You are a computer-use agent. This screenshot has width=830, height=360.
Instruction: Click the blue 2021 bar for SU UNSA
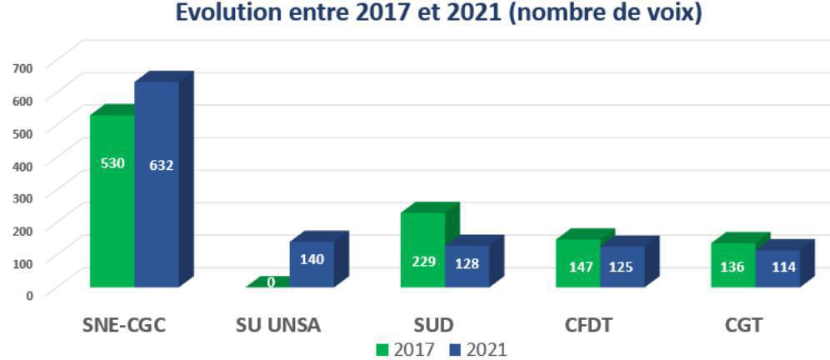tap(312, 267)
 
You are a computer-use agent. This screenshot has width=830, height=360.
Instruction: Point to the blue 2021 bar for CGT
tap(777, 270)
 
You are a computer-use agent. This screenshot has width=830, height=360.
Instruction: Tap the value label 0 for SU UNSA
tap(271, 282)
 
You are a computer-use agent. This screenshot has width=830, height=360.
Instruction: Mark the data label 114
tap(778, 267)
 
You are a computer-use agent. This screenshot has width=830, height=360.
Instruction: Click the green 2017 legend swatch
tap(386, 349)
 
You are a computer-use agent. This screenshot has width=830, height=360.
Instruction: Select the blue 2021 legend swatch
tap(457, 349)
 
